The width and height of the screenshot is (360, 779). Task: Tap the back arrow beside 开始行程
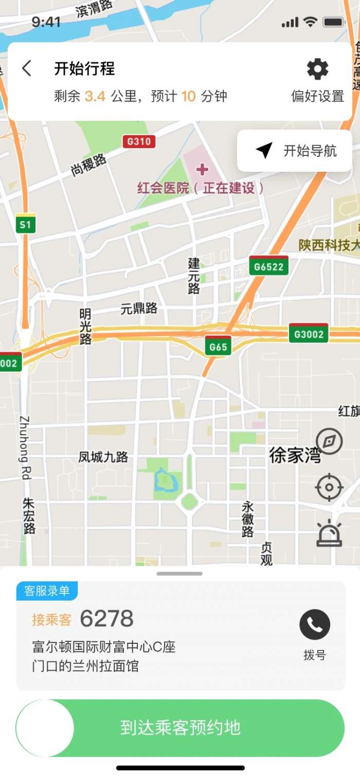[27, 68]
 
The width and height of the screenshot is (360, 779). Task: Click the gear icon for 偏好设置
[317, 69]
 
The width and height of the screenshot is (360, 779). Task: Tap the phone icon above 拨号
[315, 624]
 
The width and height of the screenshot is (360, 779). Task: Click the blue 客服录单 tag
[47, 591]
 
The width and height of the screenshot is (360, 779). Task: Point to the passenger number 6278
[107, 619]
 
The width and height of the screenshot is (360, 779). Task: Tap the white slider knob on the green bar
[45, 728]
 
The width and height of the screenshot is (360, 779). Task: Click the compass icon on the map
[329, 441]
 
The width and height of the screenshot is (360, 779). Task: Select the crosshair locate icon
[329, 487]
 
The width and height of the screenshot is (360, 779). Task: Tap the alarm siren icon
[329, 533]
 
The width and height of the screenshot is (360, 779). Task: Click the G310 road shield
[139, 141]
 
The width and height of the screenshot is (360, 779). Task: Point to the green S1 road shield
[25, 224]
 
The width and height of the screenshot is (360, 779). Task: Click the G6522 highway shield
[268, 266]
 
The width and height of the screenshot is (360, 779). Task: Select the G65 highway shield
[218, 346]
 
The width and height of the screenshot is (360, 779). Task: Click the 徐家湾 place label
[295, 455]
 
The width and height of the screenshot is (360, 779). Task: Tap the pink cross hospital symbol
[203, 169]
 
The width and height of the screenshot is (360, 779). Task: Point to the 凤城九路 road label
[103, 457]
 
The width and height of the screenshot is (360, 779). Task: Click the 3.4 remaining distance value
[95, 96]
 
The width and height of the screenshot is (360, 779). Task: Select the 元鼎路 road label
[139, 309]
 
